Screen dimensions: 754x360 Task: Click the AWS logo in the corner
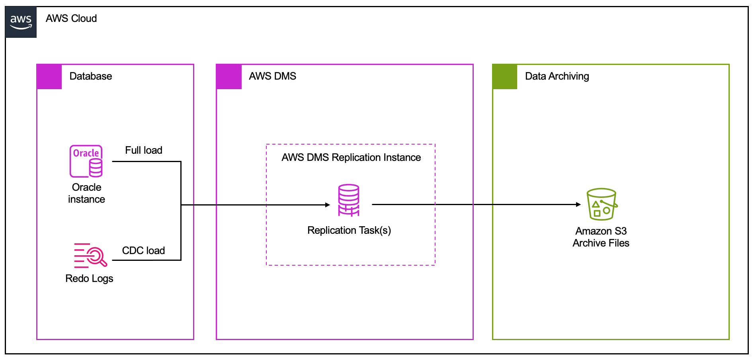coord(21,22)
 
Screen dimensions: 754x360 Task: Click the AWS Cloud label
coord(71,18)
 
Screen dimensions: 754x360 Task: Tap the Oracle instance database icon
coord(86,161)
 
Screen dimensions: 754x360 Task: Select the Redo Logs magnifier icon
coord(91,255)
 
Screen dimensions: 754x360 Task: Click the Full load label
coord(144,150)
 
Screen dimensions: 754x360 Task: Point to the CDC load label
coord(143,250)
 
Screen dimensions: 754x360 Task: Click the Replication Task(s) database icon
coord(349,200)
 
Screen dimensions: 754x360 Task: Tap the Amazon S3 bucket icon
coord(602,204)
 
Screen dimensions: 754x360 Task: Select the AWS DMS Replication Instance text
coord(351,157)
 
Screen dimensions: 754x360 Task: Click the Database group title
coord(91,76)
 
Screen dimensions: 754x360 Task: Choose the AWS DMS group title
coord(273,76)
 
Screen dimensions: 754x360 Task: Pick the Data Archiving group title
coord(557,76)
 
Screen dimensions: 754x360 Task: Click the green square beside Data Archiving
coord(505,76)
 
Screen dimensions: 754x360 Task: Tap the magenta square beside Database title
coord(49,76)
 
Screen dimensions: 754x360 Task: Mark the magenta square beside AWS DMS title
coord(229,76)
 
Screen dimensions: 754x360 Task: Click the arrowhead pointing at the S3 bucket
coord(578,205)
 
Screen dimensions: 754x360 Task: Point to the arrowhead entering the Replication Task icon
coord(328,205)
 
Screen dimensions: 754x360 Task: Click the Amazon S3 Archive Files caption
coord(601,237)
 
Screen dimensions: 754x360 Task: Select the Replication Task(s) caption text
coord(349,230)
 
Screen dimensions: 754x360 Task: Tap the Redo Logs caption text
coord(89,278)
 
